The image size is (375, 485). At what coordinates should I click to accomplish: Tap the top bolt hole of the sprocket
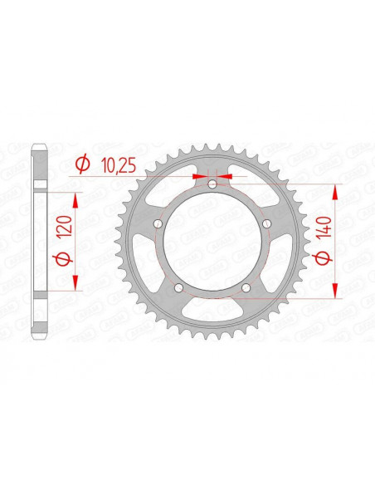(212, 184)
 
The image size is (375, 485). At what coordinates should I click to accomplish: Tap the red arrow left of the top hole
(200, 176)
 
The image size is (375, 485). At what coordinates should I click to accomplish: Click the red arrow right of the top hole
(225, 176)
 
